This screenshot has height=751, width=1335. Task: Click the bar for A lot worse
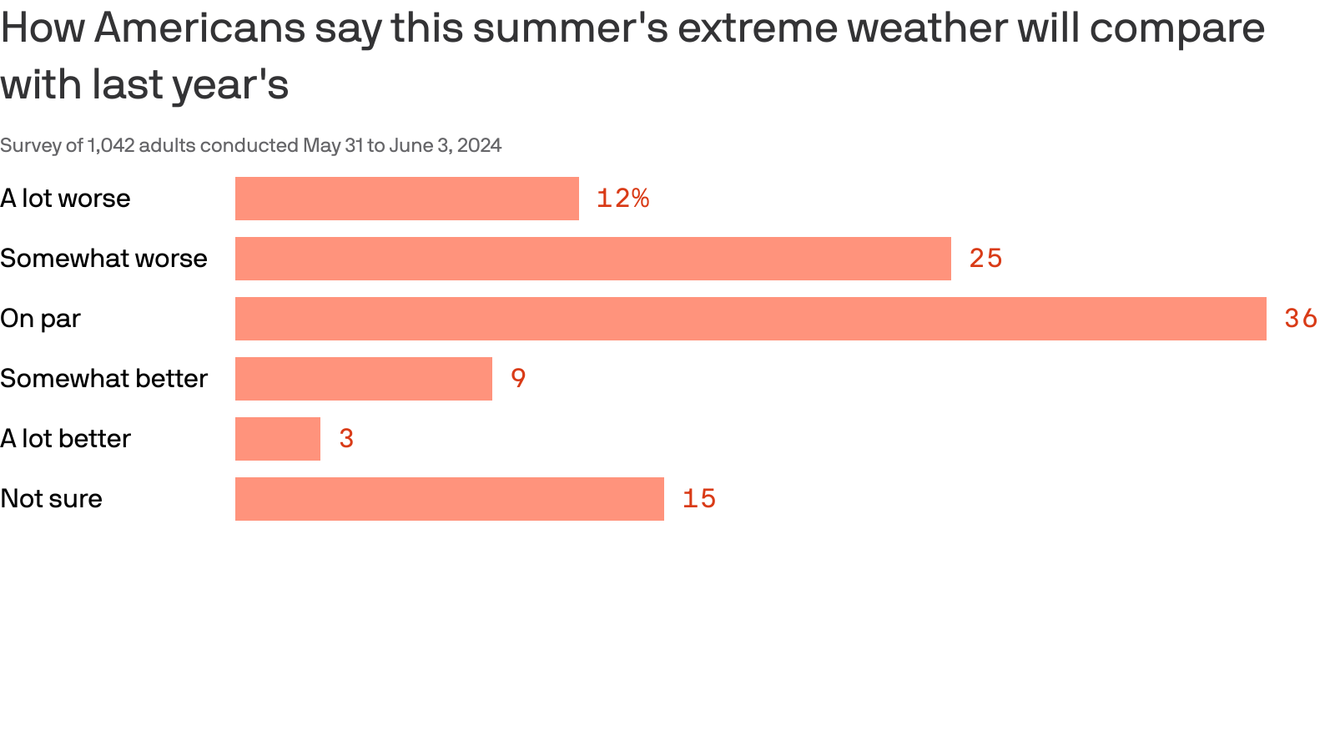pyautogui.click(x=406, y=199)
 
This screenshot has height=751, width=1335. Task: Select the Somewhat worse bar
pyautogui.click(x=592, y=259)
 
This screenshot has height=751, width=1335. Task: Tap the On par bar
pyautogui.click(x=750, y=319)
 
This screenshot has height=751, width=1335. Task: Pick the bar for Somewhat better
pyautogui.click(x=363, y=379)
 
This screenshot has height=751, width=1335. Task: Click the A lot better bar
pyautogui.click(x=277, y=439)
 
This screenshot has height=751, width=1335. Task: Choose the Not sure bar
pyautogui.click(x=449, y=499)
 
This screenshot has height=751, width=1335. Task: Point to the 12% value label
pyautogui.click(x=622, y=199)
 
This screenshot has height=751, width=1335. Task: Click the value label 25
pyautogui.click(x=985, y=259)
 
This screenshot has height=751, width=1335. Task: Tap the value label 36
pyautogui.click(x=1301, y=319)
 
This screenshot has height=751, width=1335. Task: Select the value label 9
pyautogui.click(x=518, y=379)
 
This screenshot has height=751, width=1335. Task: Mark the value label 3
pyautogui.click(x=346, y=439)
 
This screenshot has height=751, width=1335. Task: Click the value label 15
pyautogui.click(x=699, y=499)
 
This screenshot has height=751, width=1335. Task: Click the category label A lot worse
pyautogui.click(x=65, y=199)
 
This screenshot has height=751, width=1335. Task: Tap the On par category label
pyautogui.click(x=40, y=319)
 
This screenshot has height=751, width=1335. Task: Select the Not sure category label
pyautogui.click(x=51, y=499)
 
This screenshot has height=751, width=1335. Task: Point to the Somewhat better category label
pyautogui.click(x=103, y=379)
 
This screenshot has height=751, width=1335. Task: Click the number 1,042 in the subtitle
pyautogui.click(x=111, y=146)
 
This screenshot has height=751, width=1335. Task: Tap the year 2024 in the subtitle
pyautogui.click(x=479, y=146)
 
